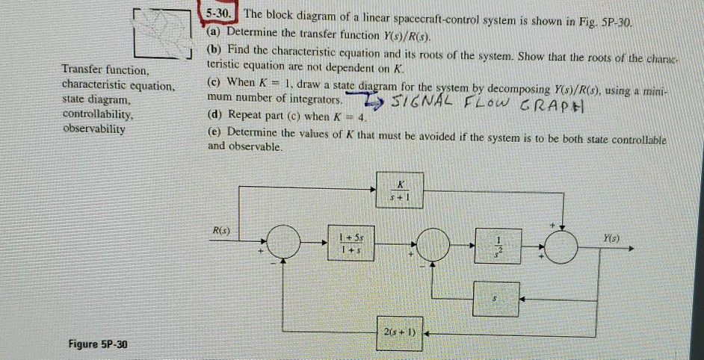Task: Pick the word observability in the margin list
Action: click(93, 129)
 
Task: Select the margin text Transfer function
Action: click(105, 70)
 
